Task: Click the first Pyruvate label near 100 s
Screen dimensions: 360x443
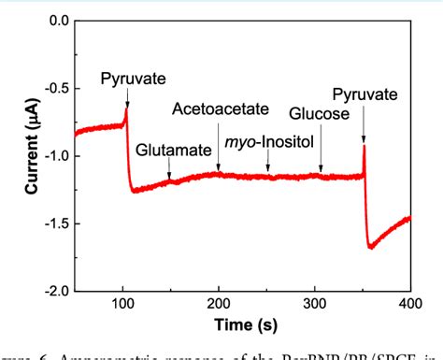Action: pyautogui.click(x=128, y=80)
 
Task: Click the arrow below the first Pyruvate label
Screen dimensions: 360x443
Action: pyautogui.click(x=127, y=98)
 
